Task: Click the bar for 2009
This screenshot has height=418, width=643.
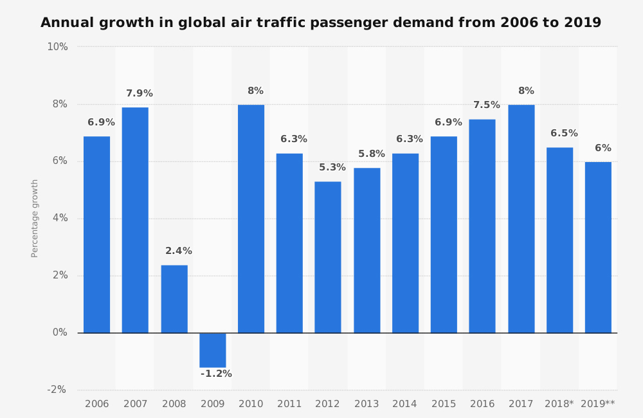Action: (213, 350)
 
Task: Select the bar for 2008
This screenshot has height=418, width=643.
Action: (174, 299)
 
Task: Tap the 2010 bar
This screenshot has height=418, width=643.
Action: (251, 219)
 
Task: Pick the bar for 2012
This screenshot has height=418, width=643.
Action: (328, 257)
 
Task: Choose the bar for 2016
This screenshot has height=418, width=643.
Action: (482, 226)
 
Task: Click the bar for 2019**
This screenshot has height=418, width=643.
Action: (598, 248)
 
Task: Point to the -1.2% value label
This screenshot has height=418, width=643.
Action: (216, 374)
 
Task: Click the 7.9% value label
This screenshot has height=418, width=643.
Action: (140, 94)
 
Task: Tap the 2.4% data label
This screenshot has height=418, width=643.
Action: (179, 251)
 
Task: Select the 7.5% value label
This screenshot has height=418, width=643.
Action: (487, 105)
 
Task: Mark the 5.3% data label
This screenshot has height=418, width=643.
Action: (332, 168)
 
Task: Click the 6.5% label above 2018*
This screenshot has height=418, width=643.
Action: (564, 134)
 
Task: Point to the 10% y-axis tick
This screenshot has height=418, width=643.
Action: (57, 47)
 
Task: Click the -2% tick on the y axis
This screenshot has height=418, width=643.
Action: (57, 390)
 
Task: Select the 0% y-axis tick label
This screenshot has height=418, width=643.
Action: (60, 332)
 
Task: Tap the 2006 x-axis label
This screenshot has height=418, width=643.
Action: (96, 404)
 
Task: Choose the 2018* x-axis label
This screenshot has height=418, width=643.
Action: (559, 404)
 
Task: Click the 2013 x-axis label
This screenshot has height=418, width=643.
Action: (367, 404)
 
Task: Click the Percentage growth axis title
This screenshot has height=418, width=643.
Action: (35, 219)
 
